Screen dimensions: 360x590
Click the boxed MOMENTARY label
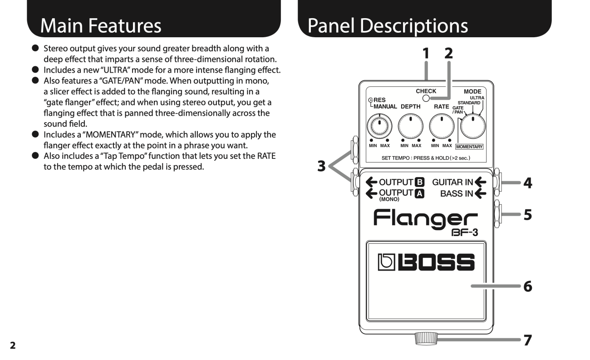pos(469,147)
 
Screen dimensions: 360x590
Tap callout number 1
pos(426,53)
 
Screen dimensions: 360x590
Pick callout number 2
pos(448,53)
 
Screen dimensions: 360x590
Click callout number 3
pos(321,166)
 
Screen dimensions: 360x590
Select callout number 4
pos(527,183)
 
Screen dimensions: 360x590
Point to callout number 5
pos(527,214)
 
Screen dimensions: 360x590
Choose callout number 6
pos(527,286)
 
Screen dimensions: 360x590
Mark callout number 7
pos(527,340)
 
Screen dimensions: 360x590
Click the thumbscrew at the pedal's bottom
pos(426,338)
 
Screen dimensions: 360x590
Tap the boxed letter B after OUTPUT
pos(420,182)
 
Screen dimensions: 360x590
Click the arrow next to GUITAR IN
pos(480,182)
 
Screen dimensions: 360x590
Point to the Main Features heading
pos(101,26)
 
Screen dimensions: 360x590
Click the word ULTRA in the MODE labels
pos(477,98)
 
